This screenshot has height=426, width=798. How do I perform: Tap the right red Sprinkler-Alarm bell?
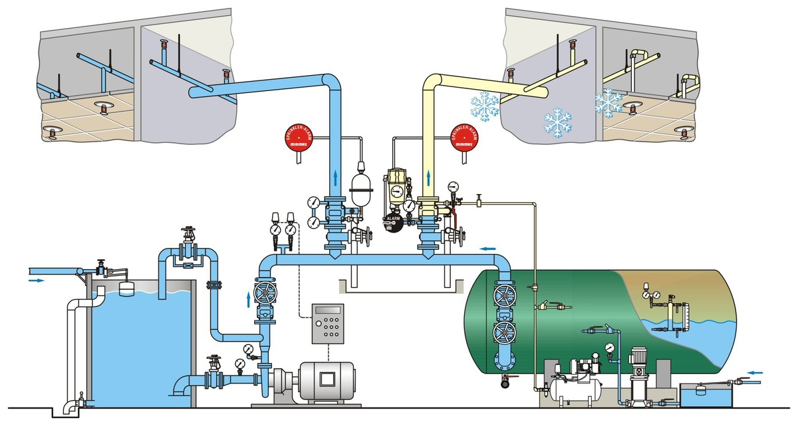coord(465,138)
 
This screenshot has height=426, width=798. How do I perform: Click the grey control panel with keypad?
coord(328,324)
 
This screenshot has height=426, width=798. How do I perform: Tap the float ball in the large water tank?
coord(125,286)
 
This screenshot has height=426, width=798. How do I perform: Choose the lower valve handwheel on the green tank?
coord(503,332)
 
